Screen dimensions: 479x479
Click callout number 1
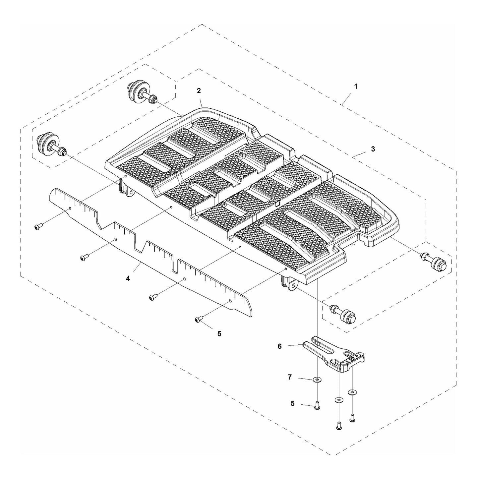(x=356, y=87)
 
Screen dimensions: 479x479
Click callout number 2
(x=199, y=90)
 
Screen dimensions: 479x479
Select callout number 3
(x=373, y=149)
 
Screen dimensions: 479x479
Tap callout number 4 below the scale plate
(x=128, y=279)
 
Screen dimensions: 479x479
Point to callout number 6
(x=279, y=346)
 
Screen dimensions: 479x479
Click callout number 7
(x=289, y=377)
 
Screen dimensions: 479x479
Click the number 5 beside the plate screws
(x=219, y=333)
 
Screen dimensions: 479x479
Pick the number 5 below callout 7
(x=292, y=403)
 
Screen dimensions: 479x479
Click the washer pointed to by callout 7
(x=318, y=380)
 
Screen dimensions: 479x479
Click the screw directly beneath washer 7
(x=318, y=405)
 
